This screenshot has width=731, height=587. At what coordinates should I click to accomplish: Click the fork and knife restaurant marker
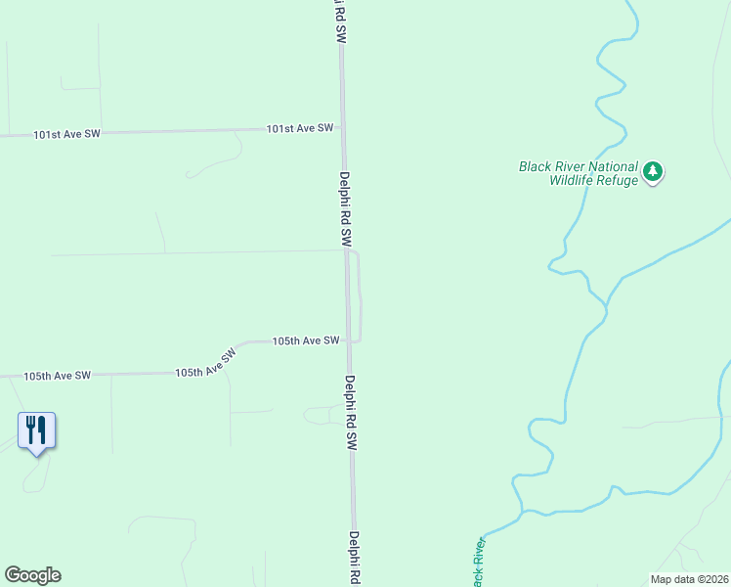pyautogui.click(x=36, y=429)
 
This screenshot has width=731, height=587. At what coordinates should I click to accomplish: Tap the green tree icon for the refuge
pyautogui.click(x=654, y=173)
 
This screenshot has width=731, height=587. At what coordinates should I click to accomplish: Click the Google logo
pyautogui.click(x=32, y=575)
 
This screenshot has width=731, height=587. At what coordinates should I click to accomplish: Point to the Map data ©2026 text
pyautogui.click(x=690, y=578)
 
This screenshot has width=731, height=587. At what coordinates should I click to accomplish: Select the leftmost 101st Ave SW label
pyautogui.click(x=66, y=134)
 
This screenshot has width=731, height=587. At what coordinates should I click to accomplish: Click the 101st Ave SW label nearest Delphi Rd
pyautogui.click(x=300, y=128)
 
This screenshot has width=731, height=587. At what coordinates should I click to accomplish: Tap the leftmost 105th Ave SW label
pyautogui.click(x=58, y=376)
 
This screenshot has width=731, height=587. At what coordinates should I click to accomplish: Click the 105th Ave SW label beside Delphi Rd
pyautogui.click(x=306, y=341)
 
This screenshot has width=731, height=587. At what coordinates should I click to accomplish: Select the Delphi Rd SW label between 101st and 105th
pyautogui.click(x=345, y=208)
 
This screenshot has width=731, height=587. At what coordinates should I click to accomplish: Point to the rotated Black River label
pyautogui.click(x=479, y=563)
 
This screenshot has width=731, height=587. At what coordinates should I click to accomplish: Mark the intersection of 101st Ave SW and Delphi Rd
pyautogui.click(x=343, y=128)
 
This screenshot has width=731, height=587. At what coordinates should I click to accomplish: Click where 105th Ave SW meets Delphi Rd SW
pyautogui.click(x=349, y=340)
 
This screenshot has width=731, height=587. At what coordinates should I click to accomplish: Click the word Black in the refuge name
pyautogui.click(x=535, y=166)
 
